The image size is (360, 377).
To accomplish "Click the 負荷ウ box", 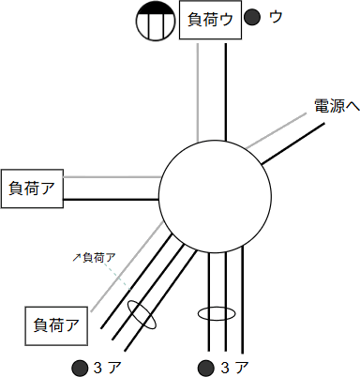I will (x=210, y=22).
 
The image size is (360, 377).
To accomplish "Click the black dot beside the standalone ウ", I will (x=251, y=17).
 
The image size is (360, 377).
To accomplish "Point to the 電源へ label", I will (x=336, y=107).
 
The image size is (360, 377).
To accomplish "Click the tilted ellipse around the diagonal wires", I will (x=142, y=314).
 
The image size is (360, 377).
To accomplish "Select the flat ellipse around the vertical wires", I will (x=216, y=313).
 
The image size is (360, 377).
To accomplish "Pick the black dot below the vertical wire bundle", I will (x=204, y=366).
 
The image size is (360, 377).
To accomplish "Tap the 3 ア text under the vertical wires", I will (x=234, y=366).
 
